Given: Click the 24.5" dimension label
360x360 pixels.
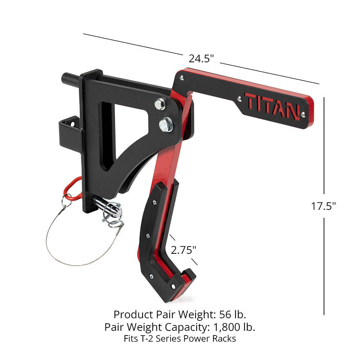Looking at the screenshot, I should (201, 59).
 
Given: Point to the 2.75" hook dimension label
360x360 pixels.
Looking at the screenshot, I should (184, 250).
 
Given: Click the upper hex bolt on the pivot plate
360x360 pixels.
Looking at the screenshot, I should (160, 104).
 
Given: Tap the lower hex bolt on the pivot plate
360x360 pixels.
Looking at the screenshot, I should (166, 125).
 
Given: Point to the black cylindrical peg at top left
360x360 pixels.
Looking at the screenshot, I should (71, 78).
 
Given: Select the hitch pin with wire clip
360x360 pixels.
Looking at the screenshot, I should (110, 209).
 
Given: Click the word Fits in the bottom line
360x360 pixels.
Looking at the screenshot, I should (131, 339).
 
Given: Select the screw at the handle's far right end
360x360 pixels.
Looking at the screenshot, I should (303, 114).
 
